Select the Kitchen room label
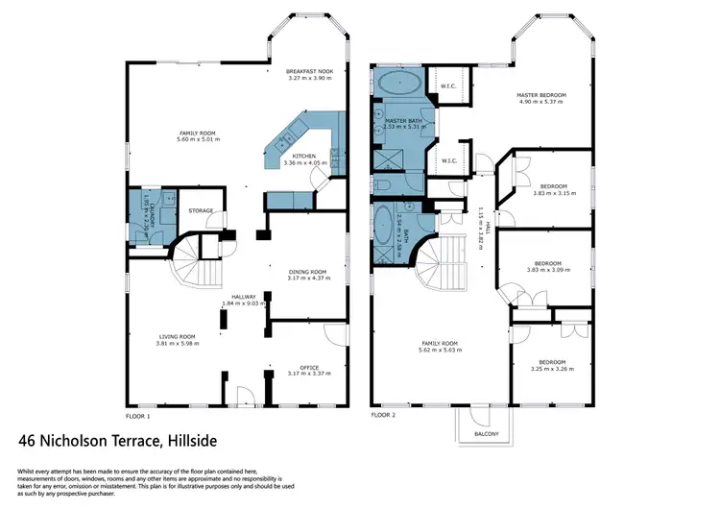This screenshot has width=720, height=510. [x=304, y=156]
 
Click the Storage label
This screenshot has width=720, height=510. [x=200, y=210]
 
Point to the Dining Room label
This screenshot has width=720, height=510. [x=309, y=272]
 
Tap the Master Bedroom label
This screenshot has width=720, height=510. [x=541, y=95]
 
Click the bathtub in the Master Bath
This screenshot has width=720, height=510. [x=396, y=83]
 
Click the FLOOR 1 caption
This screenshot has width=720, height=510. [x=138, y=417]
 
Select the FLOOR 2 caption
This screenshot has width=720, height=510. [x=384, y=417]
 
